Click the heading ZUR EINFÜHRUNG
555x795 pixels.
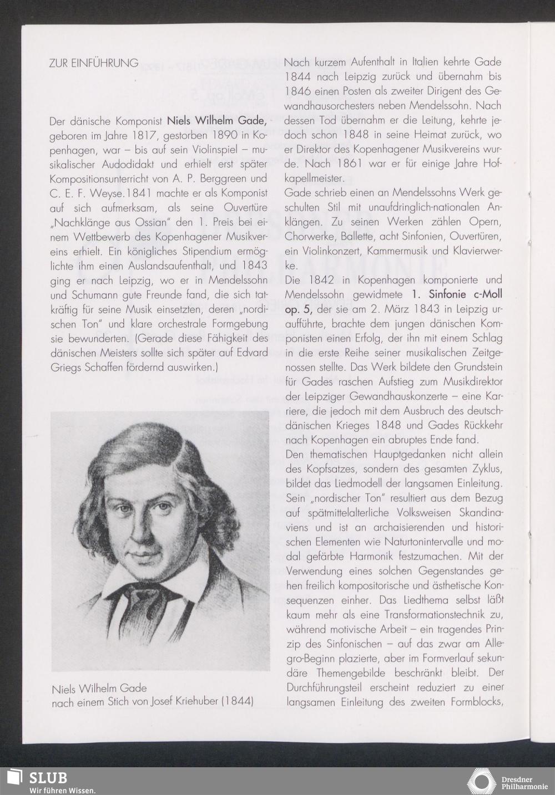(94, 63)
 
